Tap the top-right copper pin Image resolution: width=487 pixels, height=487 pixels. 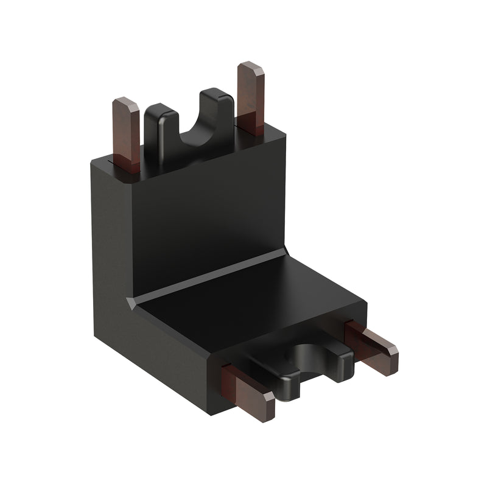pos(250,100)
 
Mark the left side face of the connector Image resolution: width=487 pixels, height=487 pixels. pos(113,262)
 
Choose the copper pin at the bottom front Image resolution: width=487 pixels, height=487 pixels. pos(247,387)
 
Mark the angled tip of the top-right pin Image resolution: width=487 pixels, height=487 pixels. pos(250,68)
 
